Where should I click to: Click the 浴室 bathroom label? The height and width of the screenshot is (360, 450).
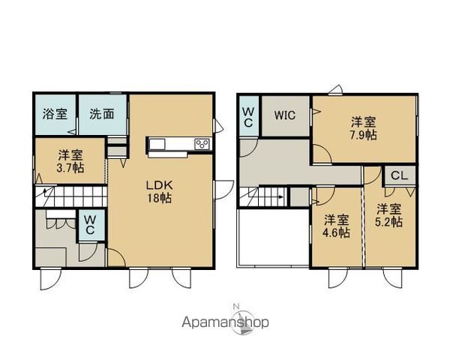pos(55,114)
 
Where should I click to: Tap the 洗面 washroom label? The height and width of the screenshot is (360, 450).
pos(102,114)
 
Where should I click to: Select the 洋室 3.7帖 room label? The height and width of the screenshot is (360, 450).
pos(70,162)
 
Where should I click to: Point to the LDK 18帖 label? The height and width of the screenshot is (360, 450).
pos(160,191)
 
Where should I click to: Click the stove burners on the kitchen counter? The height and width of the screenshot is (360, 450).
pos(202,144)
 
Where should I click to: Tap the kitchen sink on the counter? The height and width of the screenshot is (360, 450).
pos(157,144)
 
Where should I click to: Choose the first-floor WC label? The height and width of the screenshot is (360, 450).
pos(90,225)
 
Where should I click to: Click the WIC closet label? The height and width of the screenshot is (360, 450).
pos(285,115)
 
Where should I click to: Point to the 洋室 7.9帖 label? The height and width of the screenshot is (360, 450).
pos(363,128)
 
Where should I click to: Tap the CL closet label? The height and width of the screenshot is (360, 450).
pos(399,175)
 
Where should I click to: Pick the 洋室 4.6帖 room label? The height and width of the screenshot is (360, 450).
pos(336,226)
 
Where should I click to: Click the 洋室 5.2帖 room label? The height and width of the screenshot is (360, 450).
pos(388,215)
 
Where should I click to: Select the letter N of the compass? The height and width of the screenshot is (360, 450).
pos(236,306)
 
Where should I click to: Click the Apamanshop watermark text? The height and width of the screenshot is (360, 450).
pos(225,322)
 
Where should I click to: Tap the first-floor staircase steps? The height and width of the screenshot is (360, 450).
pos(71,196)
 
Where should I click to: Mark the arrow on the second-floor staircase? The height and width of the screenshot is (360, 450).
pos(269,197)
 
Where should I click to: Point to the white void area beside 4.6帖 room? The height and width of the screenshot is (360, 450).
pos(273,238)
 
